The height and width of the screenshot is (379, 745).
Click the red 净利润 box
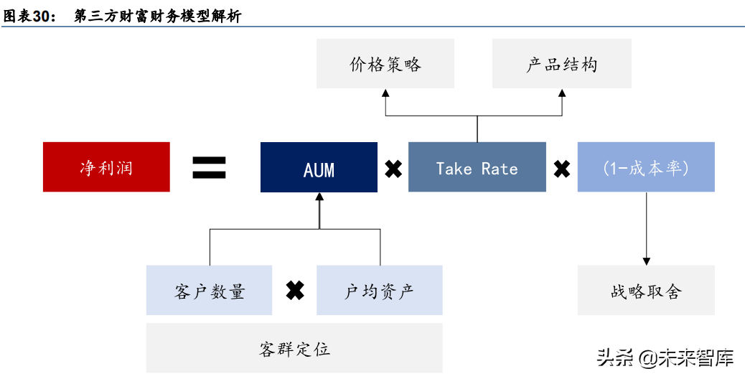point(106,167)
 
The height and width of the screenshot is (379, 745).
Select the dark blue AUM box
point(319,167)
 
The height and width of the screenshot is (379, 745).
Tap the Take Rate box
point(477,167)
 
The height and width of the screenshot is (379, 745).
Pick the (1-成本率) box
point(645,167)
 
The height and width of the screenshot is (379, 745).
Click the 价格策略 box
point(385,64)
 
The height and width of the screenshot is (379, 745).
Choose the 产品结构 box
point(561,64)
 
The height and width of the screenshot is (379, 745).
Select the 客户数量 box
point(209,290)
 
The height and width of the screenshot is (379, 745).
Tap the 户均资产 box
point(379,290)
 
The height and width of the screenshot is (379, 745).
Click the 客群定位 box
point(294,348)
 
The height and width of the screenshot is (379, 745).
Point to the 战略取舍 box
point(645,290)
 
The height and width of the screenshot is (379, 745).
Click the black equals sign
point(209,167)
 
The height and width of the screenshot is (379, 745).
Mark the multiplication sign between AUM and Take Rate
point(393,169)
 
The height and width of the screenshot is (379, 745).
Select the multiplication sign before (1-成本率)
point(561,169)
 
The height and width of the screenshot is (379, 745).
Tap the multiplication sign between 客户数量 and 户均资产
point(294,290)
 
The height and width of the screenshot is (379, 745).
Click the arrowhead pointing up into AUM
point(319,197)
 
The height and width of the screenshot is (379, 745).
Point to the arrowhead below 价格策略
point(385,93)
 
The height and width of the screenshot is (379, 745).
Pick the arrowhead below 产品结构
point(561,93)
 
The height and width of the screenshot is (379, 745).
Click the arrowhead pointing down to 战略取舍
point(646,260)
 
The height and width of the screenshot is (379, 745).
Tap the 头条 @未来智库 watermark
point(664,357)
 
